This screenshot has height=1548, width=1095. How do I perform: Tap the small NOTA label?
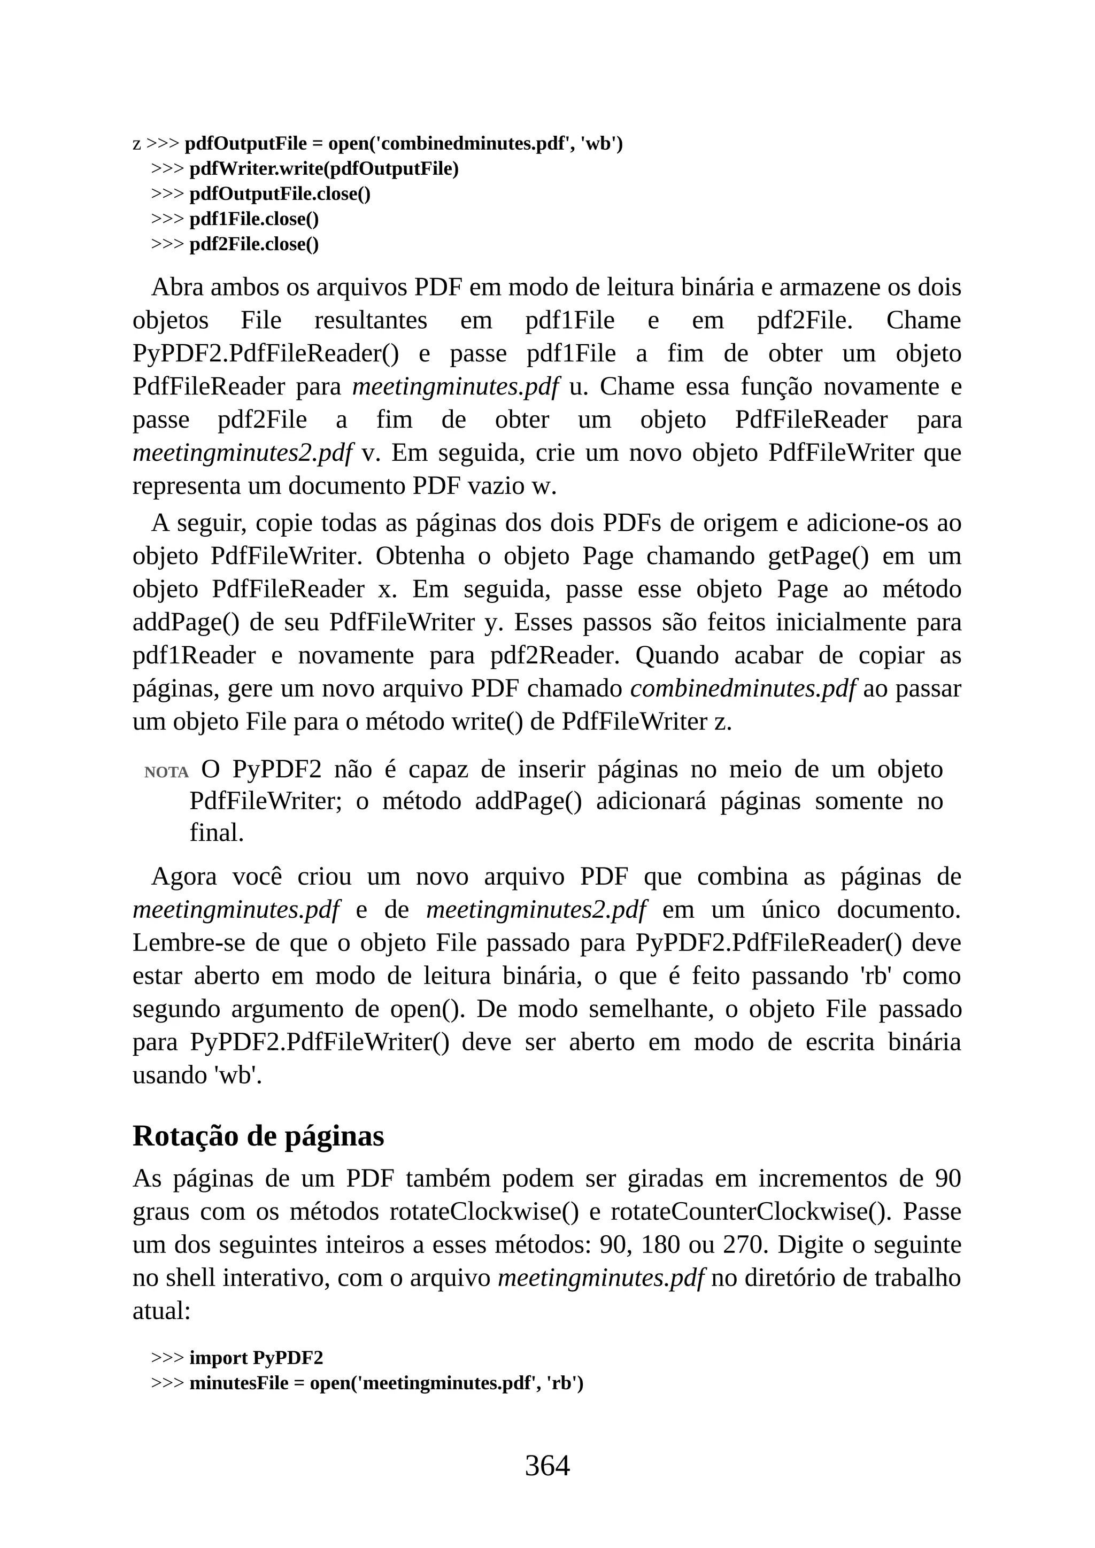[166, 772]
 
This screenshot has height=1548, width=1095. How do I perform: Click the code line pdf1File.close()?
[253, 219]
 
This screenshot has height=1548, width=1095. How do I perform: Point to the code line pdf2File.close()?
[253, 244]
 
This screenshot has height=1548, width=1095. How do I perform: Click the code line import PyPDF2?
[256, 1358]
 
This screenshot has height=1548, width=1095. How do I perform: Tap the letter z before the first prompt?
[137, 144]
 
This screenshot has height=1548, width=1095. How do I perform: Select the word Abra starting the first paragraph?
[178, 287]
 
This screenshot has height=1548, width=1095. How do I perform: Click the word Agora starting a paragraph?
[183, 877]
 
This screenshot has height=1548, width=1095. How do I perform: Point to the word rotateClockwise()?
[483, 1212]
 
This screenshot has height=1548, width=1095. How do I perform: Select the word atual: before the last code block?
[162, 1311]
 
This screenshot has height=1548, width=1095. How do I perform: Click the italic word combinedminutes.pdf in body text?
[742, 689]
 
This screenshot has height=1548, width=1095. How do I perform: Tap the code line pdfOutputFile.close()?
[280, 194]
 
